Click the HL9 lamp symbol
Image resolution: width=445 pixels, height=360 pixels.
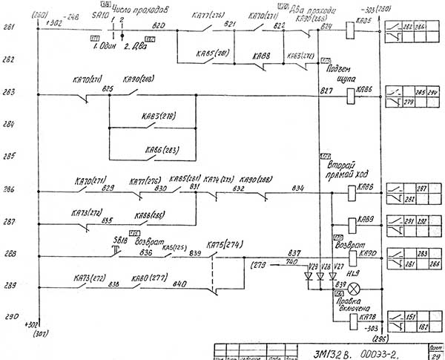(x=355, y=287)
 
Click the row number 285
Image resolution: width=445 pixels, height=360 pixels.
(x=9, y=157)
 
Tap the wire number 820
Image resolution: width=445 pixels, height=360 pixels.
(x=158, y=26)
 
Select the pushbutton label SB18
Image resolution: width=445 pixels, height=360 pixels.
(x=119, y=242)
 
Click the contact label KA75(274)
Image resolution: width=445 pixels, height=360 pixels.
(x=222, y=244)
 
